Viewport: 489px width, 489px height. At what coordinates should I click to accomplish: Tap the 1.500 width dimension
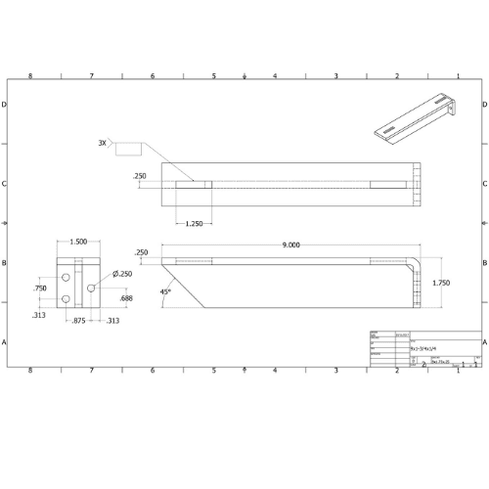pyautogui.click(x=78, y=242)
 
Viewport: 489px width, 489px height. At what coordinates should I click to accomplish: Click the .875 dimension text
pyautogui.click(x=77, y=322)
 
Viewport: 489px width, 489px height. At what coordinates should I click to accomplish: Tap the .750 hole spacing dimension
pyautogui.click(x=40, y=289)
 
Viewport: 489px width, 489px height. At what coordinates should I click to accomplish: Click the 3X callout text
pyautogui.click(x=102, y=143)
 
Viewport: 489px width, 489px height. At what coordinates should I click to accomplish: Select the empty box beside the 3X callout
pyautogui.click(x=128, y=147)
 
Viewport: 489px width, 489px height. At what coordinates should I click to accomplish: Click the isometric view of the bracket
pyautogui.click(x=416, y=118)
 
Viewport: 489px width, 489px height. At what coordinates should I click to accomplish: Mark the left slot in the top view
pyautogui.click(x=194, y=183)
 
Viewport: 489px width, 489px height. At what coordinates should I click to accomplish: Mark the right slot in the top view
pyautogui.click(x=391, y=183)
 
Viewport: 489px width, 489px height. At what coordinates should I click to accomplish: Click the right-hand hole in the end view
pyautogui.click(x=91, y=288)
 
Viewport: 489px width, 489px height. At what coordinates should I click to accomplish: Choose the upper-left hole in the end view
pyautogui.click(x=66, y=279)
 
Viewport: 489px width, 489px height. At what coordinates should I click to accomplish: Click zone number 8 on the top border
pyautogui.click(x=30, y=75)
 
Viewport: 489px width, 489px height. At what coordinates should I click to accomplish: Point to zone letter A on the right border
pyautogui.click(x=485, y=342)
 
